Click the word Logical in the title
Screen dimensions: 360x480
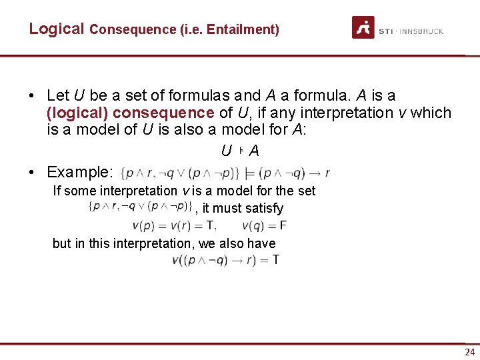click(x=57, y=29)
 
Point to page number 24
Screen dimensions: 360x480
click(x=470, y=352)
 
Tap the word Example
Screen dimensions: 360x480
click(x=79, y=172)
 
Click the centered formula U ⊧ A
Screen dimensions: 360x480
click(x=240, y=151)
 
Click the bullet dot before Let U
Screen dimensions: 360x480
click(x=33, y=96)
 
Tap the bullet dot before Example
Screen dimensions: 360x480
click(x=33, y=172)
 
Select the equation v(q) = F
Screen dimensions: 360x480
click(x=265, y=225)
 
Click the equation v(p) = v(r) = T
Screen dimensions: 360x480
click(x=174, y=225)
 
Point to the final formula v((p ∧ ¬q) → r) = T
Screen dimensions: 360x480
click(x=225, y=259)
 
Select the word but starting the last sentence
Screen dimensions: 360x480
click(x=62, y=243)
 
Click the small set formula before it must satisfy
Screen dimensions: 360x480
click(x=140, y=207)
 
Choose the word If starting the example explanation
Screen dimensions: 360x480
click(x=57, y=191)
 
